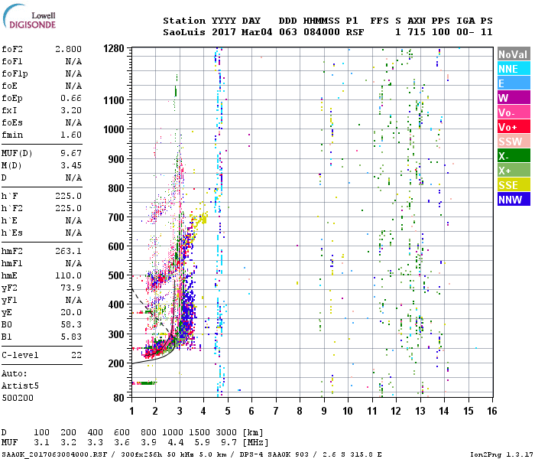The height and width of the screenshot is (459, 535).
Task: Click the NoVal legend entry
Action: click(513, 54)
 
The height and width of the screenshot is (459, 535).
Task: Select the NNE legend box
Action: click(513, 69)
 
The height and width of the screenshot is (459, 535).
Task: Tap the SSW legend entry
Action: click(513, 142)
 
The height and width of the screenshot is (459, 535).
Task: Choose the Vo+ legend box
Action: click(513, 127)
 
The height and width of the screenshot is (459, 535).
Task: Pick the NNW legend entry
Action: click(513, 200)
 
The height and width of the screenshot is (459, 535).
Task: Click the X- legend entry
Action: click(513, 156)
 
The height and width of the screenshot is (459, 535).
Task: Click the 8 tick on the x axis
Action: click(300, 412)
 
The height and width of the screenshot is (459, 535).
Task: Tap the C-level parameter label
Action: click(21, 356)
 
